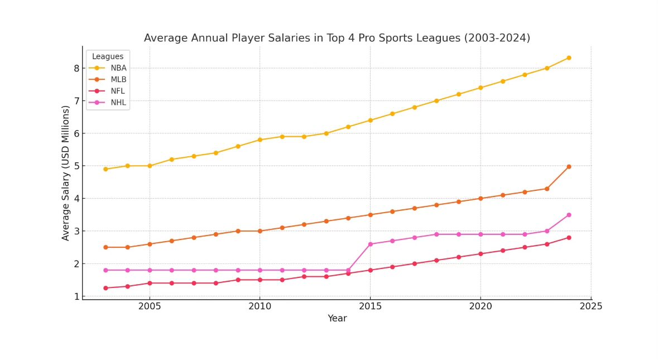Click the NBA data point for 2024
(569, 58)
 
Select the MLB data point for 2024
(569, 166)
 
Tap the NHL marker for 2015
(370, 244)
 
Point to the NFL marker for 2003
(105, 288)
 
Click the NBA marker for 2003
(105, 169)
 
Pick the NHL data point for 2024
(569, 215)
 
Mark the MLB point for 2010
(260, 231)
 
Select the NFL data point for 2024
(569, 238)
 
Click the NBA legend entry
(118, 68)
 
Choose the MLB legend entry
(118, 80)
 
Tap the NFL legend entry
(118, 91)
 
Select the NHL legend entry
(118, 103)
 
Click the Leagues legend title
(108, 56)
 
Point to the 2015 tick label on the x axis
(370, 306)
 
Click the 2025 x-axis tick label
(590, 306)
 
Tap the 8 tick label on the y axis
(76, 69)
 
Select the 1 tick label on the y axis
(76, 296)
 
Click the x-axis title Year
(337, 319)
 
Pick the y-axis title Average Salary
(66, 173)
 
